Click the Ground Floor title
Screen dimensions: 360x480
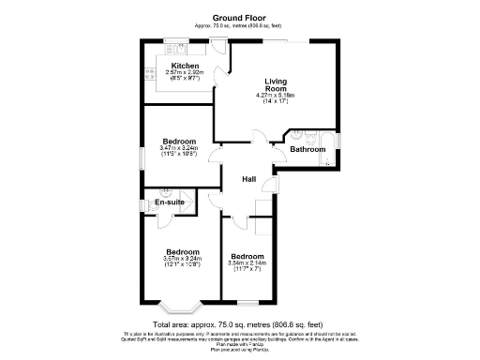239,17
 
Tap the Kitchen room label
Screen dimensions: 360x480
184,66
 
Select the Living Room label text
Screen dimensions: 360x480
276,84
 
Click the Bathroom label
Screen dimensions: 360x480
307,149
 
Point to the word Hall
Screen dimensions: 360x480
249,179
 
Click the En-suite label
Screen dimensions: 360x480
169,202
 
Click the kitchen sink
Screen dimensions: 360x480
173,44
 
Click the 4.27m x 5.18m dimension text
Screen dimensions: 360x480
276,96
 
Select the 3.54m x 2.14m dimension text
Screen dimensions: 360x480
247,263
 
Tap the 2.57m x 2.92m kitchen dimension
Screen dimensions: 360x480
184,72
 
